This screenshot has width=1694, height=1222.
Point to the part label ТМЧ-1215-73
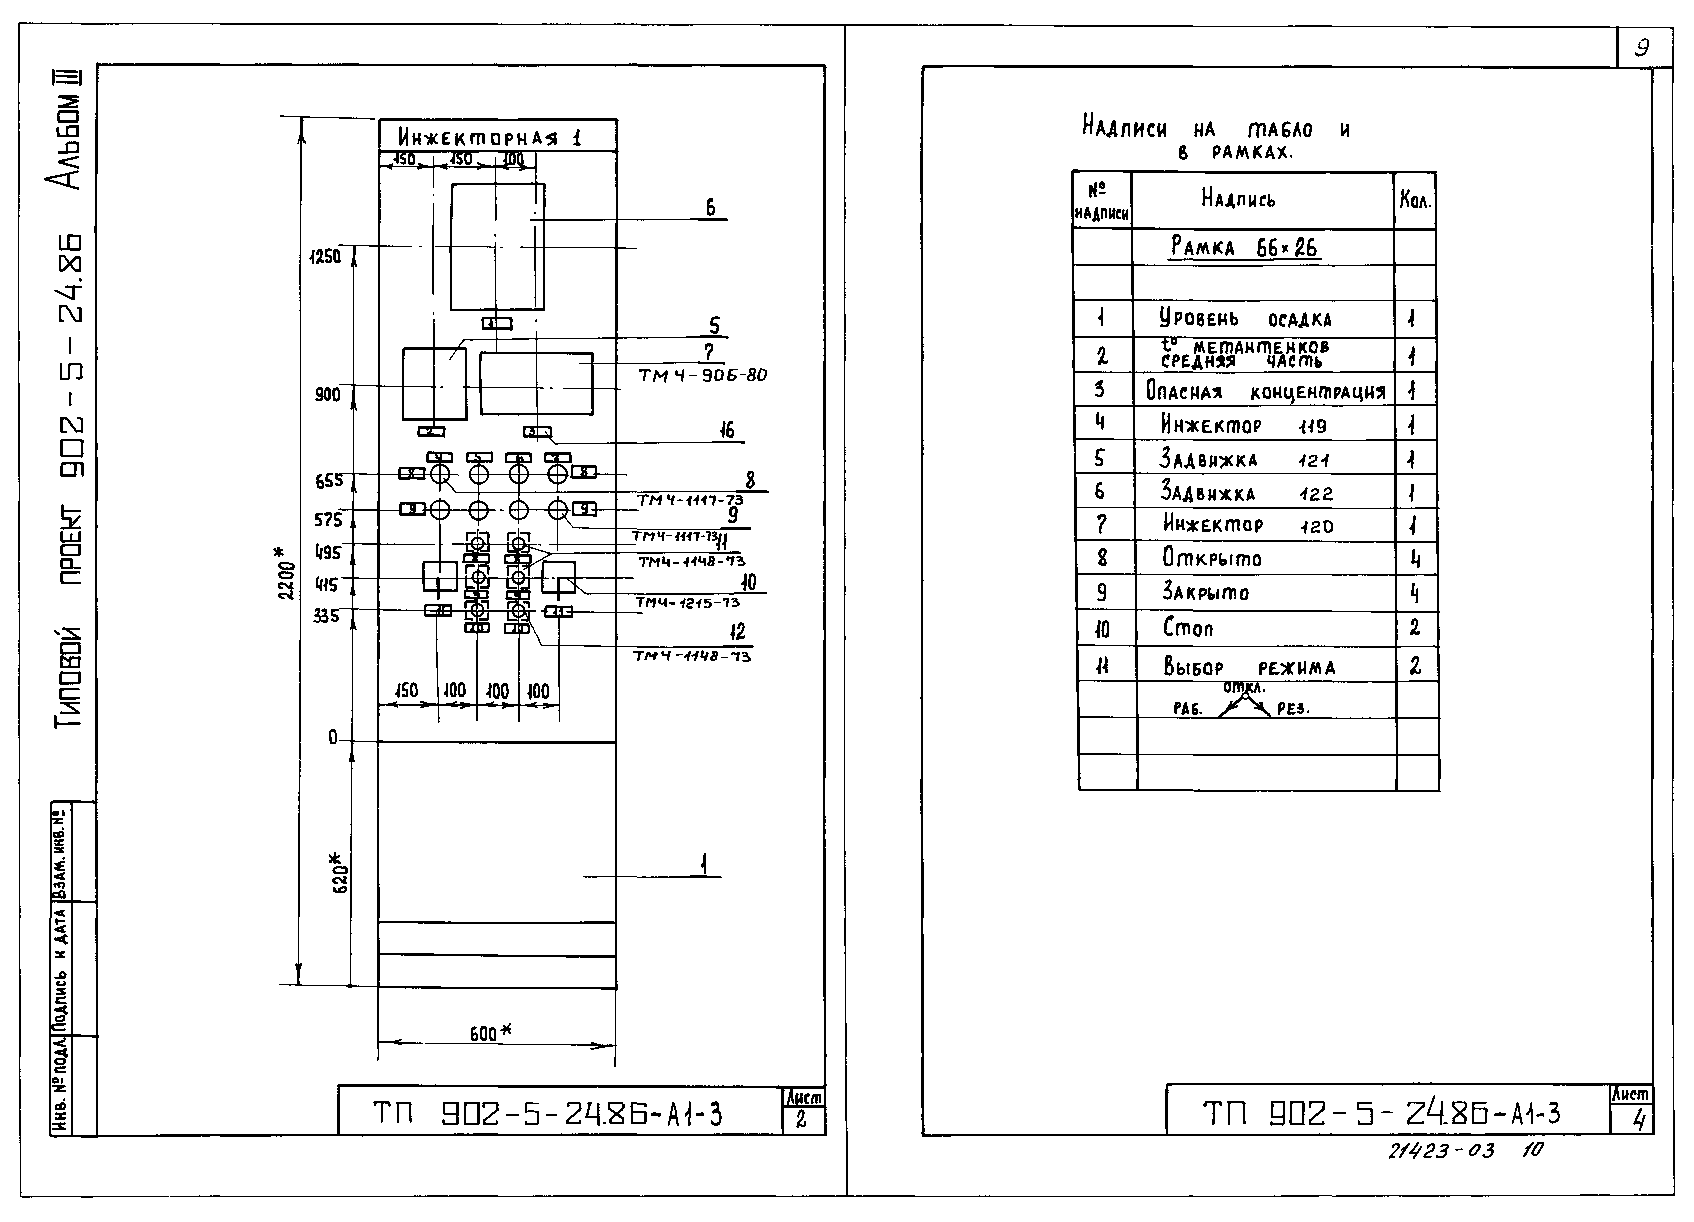tap(687, 602)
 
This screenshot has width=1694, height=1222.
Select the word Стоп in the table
tap(1188, 627)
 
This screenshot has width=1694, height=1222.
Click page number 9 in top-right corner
tap(1642, 49)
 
